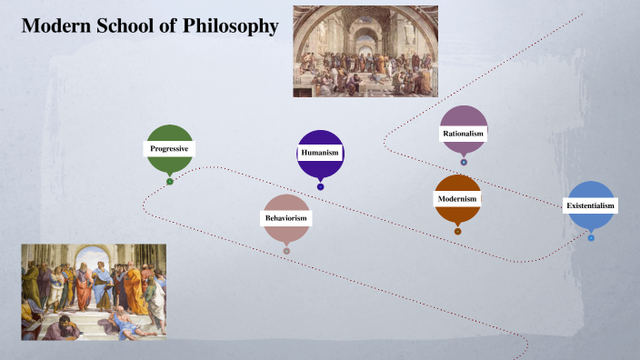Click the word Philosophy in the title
(232, 26)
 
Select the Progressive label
(170, 148)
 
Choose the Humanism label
(320, 153)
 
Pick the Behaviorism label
(286, 218)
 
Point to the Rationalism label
(464, 134)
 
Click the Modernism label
(457, 198)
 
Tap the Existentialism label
(591, 205)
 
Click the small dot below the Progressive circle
(170, 181)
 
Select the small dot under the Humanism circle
(320, 187)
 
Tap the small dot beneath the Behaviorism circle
(286, 251)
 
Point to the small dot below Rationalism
(464, 163)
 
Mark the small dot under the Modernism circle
(457, 231)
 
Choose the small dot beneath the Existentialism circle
(591, 238)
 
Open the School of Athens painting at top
(365, 51)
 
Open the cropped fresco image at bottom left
(94, 292)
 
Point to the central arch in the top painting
(365, 36)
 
